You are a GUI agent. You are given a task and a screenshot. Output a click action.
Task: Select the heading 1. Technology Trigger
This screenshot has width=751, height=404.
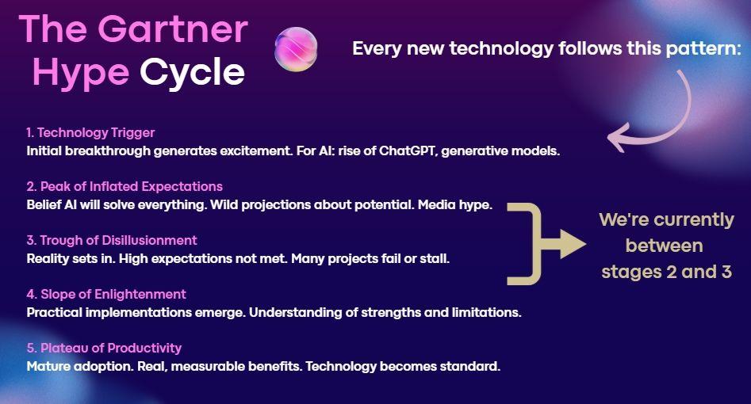90,132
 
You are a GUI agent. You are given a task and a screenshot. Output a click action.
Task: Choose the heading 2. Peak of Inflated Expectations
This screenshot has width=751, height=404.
125,186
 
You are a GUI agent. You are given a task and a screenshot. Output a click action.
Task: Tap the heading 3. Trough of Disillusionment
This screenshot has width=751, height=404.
112,240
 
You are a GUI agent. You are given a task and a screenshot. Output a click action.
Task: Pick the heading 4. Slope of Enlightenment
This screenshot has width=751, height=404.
106,294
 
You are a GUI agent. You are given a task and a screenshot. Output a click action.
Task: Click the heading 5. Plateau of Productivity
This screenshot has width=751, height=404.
104,348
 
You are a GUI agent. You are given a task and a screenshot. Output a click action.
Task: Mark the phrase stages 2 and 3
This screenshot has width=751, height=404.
665,272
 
